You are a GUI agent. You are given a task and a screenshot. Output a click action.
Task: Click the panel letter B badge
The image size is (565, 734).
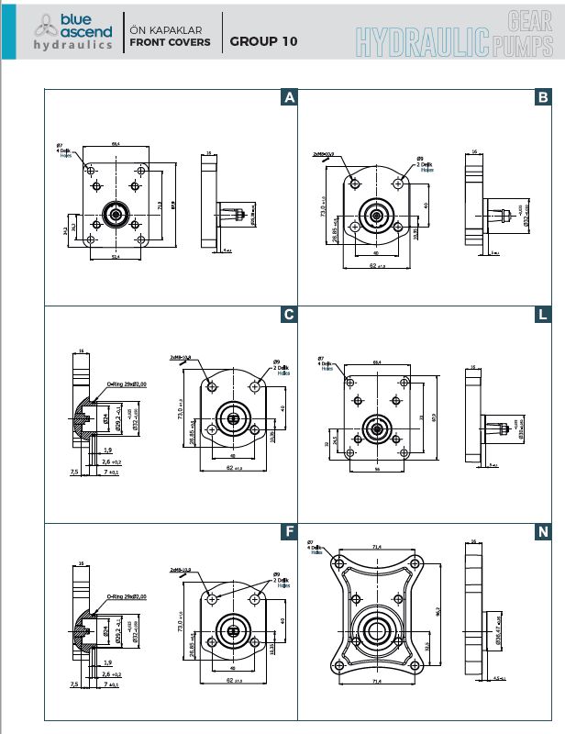click(x=543, y=97)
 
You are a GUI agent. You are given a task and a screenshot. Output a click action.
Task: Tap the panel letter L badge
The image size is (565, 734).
click(x=543, y=315)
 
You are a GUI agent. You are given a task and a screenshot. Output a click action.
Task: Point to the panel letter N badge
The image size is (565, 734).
click(x=543, y=531)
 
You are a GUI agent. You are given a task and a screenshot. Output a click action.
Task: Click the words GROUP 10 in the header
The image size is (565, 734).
click(x=263, y=41)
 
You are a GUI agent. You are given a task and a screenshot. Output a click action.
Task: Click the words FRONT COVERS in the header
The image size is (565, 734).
click(x=170, y=42)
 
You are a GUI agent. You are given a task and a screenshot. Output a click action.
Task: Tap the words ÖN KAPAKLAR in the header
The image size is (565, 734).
click(x=166, y=30)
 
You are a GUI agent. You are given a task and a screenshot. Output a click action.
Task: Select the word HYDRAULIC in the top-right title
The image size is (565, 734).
click(x=421, y=41)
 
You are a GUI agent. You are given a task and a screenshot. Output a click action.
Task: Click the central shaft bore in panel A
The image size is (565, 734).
click(x=116, y=215)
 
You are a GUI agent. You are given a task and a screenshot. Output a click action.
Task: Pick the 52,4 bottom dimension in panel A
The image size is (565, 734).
click(x=116, y=256)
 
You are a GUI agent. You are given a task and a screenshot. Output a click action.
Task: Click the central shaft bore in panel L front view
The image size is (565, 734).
click(x=374, y=426)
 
